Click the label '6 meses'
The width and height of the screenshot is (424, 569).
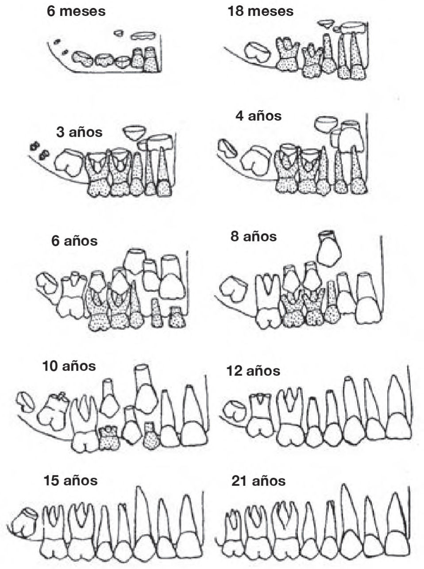click(76, 11)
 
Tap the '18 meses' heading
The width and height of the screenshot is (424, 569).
click(260, 11)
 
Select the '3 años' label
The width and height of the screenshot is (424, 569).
click(79, 132)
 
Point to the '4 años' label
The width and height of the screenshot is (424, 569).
click(258, 116)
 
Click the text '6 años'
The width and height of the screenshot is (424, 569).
click(74, 241)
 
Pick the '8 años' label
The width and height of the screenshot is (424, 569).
click(254, 236)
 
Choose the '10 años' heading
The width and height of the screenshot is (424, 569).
click(69, 366)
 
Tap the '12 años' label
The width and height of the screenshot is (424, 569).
click(253, 371)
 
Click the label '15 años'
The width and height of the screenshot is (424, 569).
click(71, 480)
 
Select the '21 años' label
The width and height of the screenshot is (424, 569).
click(258, 481)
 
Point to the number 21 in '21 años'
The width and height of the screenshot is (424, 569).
click(240, 481)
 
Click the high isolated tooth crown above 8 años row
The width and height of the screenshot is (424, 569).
click(329, 248)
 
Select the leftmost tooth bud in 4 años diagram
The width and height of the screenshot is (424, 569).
click(227, 148)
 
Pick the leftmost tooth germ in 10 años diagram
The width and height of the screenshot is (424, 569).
click(25, 402)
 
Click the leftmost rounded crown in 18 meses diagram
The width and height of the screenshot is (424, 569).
click(257, 53)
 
